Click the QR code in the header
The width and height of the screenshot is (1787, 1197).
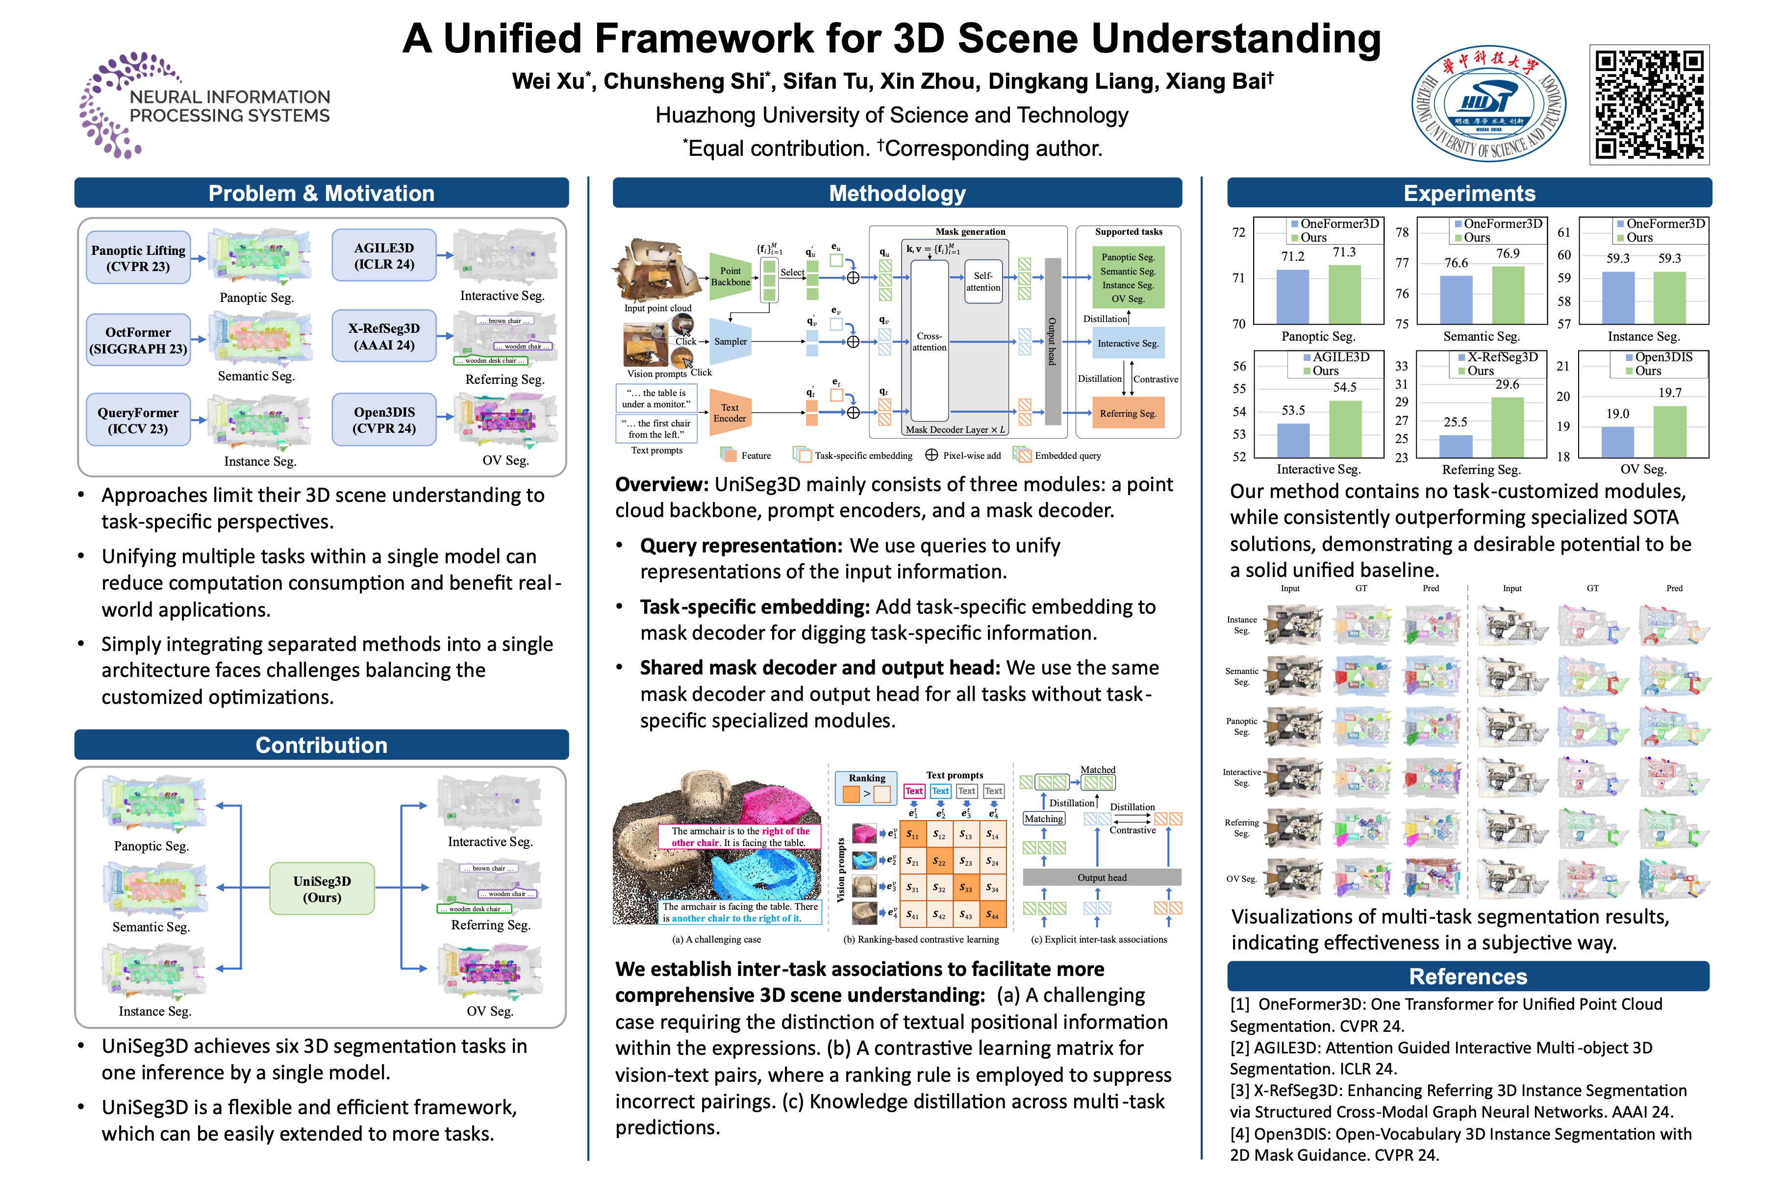[x=1649, y=104]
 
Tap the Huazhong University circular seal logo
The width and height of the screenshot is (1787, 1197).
[x=1488, y=104]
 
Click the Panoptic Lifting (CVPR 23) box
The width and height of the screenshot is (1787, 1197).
[x=138, y=258]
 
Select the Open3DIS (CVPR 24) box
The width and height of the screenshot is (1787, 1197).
[x=384, y=419]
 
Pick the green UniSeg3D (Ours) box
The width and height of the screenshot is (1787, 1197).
[x=322, y=889]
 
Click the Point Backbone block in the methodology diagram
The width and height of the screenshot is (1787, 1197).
[x=730, y=276]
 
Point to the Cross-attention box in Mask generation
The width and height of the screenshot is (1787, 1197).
[x=929, y=341]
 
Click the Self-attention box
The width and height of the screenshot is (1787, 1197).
[x=983, y=282]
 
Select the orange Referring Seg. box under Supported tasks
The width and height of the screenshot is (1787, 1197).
[x=1128, y=414]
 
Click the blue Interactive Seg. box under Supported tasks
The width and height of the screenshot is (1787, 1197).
[x=1128, y=344]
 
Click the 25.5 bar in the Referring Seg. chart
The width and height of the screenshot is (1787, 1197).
[x=1455, y=446]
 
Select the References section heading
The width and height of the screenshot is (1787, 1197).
[x=1468, y=976]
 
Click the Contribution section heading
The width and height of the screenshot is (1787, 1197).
[x=322, y=745]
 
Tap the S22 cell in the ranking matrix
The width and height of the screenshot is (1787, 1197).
[x=940, y=862]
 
